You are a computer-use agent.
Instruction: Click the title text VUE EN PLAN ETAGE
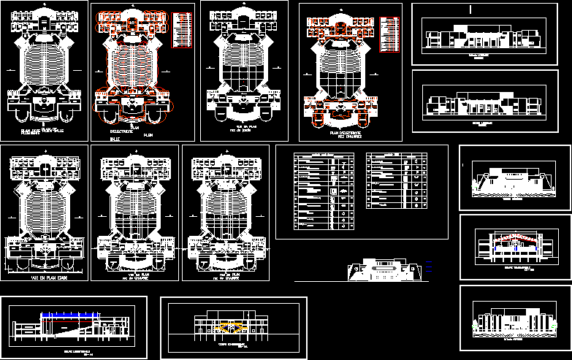(x=34, y=277)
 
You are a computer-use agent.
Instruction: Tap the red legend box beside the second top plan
(x=183, y=30)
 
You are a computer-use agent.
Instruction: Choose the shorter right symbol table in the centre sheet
(x=397, y=183)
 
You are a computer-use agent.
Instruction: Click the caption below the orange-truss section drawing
(x=232, y=346)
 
